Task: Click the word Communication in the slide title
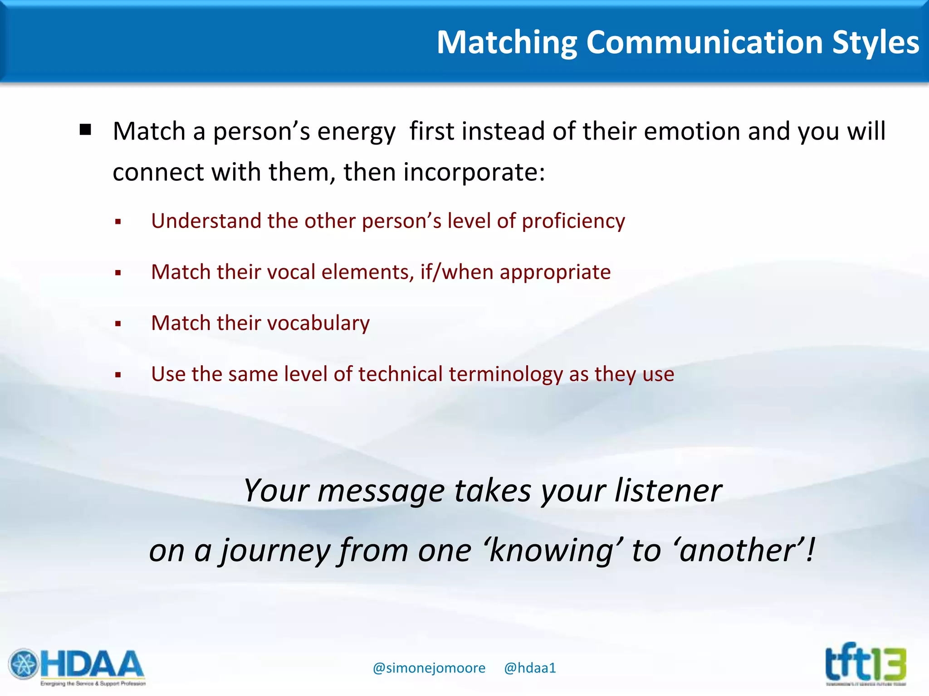pos(704,42)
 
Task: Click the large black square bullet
pos(85,130)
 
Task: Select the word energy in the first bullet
pos(356,132)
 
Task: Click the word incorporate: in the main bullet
pos(474,173)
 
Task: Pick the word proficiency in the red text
pos(573,222)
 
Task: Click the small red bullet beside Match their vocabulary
pos(118,324)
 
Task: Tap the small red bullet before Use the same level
pos(118,375)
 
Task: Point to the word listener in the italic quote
pos(668,491)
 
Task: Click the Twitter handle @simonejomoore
pos(429,668)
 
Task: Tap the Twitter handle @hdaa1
pos(530,668)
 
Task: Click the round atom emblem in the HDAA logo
pos(24,665)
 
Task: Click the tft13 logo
pos(865,664)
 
